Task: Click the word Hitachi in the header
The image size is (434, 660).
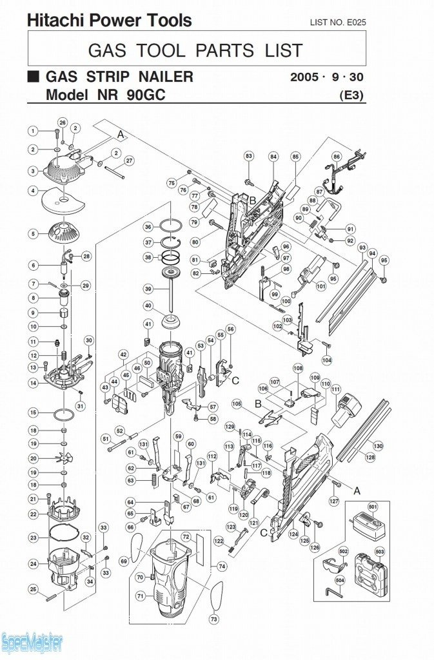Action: (x=54, y=21)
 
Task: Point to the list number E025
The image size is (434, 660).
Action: (x=337, y=23)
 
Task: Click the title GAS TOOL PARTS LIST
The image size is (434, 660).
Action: (x=195, y=50)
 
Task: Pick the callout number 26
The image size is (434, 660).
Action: (x=63, y=122)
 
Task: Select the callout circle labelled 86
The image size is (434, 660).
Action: (x=336, y=157)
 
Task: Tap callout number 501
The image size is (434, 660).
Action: (x=373, y=507)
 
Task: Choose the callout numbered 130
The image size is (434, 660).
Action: (x=378, y=445)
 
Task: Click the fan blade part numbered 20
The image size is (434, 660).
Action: (x=65, y=458)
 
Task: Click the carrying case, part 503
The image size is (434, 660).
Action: (x=371, y=572)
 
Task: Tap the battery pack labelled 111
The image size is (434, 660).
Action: (x=346, y=411)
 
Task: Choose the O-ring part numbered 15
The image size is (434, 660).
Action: (x=65, y=413)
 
